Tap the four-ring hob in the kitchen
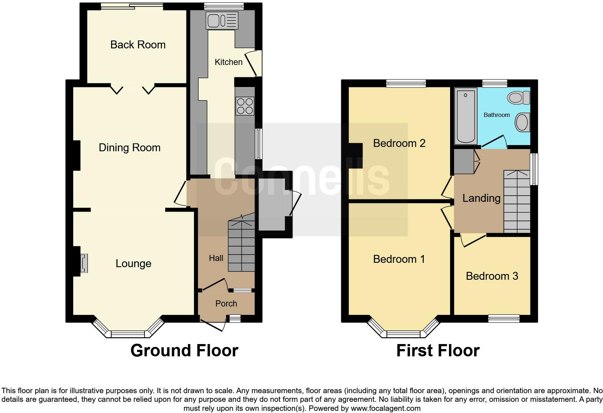point(245,106)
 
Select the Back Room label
point(138,45)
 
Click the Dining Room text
point(129,148)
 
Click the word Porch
point(226,304)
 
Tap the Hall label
point(216,258)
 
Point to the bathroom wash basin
point(522,122)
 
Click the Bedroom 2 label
point(399,143)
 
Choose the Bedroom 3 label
point(492,276)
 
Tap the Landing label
point(481,198)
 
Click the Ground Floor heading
point(184,351)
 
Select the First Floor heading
point(437,351)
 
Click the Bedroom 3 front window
point(503,318)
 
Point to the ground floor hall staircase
point(241,245)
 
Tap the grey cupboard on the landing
point(464,161)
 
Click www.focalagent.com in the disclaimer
point(386,409)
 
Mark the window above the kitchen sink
point(224,6)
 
